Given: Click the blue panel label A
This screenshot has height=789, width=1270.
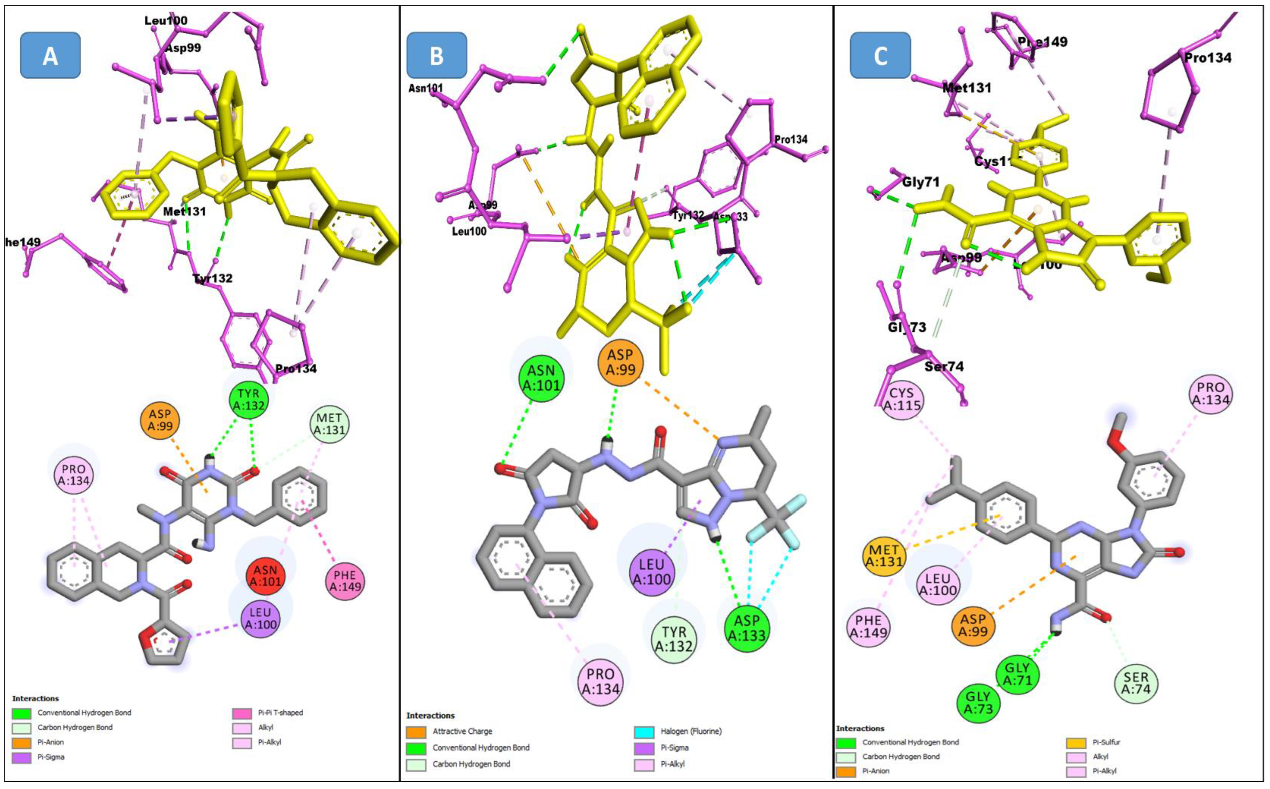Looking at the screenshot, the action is coord(50,55).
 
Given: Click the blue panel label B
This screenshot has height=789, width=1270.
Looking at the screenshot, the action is coord(436,55).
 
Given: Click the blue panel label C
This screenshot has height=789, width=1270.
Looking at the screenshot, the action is coord(880,55).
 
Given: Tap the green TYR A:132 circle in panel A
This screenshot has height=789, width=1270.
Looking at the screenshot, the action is coord(249,399).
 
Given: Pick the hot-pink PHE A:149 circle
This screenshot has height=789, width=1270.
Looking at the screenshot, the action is coord(345,581).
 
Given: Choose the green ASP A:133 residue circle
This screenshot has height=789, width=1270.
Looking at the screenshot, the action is coord(747,628).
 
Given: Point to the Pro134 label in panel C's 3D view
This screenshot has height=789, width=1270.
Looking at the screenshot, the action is coord(1207,57).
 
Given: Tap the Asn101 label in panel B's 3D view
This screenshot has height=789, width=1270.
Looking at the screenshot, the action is coord(425,88).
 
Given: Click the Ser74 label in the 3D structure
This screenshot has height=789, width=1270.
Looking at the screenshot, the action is coord(944,366).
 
